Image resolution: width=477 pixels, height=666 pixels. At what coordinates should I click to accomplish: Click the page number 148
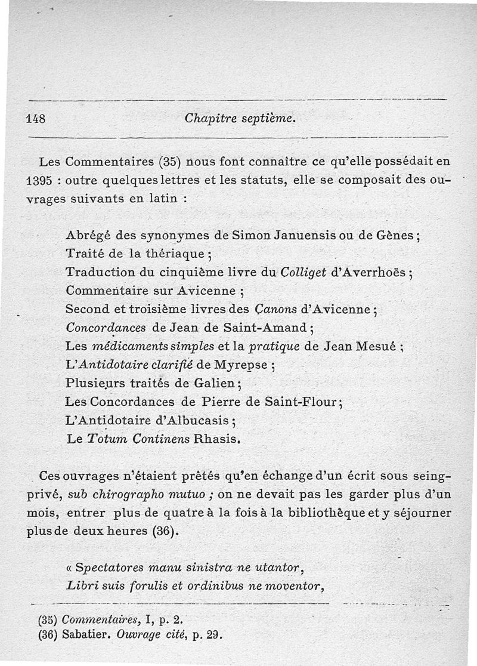click(x=37, y=118)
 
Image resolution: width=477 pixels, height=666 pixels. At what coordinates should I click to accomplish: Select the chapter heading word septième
click(x=271, y=118)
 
